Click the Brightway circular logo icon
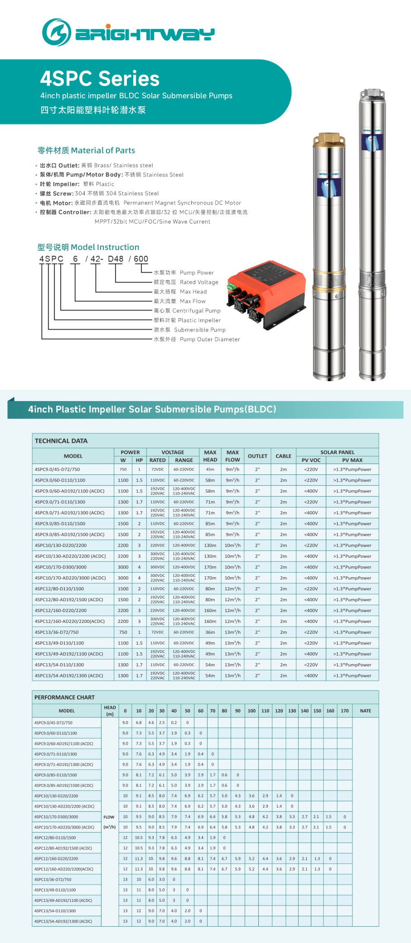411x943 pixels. (56, 33)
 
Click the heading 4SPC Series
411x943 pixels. (100, 78)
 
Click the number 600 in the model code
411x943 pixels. (141, 259)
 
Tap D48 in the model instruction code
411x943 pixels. (116, 259)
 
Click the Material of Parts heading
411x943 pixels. (86, 150)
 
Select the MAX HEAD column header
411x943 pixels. (210, 456)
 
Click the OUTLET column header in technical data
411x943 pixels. (257, 456)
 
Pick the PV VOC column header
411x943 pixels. (311, 460)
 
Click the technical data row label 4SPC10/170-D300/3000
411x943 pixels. (60, 567)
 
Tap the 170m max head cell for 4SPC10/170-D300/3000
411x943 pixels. (210, 567)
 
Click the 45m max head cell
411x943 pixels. (210, 469)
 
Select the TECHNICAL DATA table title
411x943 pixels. (61, 441)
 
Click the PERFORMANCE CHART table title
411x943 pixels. (64, 698)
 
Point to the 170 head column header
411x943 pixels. (345, 711)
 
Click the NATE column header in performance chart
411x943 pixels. (365, 711)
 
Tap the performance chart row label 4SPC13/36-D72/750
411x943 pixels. (53, 880)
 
